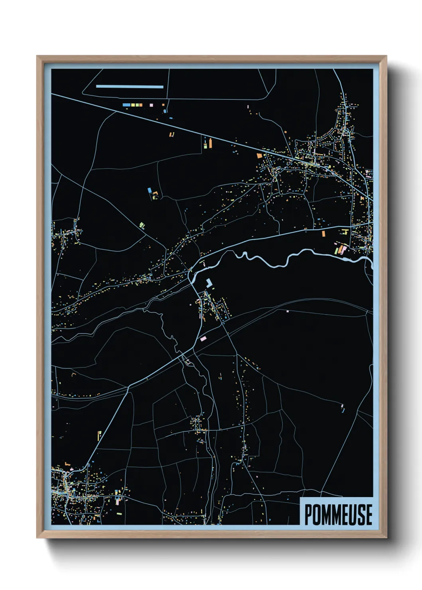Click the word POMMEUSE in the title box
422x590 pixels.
tap(338, 514)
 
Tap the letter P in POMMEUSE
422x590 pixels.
tap(308, 514)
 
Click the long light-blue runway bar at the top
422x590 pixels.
tap(130, 87)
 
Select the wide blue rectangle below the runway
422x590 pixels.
tap(126, 105)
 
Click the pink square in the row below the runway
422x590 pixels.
tap(151, 105)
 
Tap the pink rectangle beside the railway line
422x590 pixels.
tap(203, 338)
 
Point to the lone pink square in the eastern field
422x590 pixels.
tap(287, 311)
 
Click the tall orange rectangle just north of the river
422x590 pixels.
tap(323, 234)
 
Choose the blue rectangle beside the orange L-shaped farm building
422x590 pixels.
tap(150, 190)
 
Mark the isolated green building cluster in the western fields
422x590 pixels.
tap(142, 226)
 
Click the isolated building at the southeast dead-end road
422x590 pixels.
tap(342, 407)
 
